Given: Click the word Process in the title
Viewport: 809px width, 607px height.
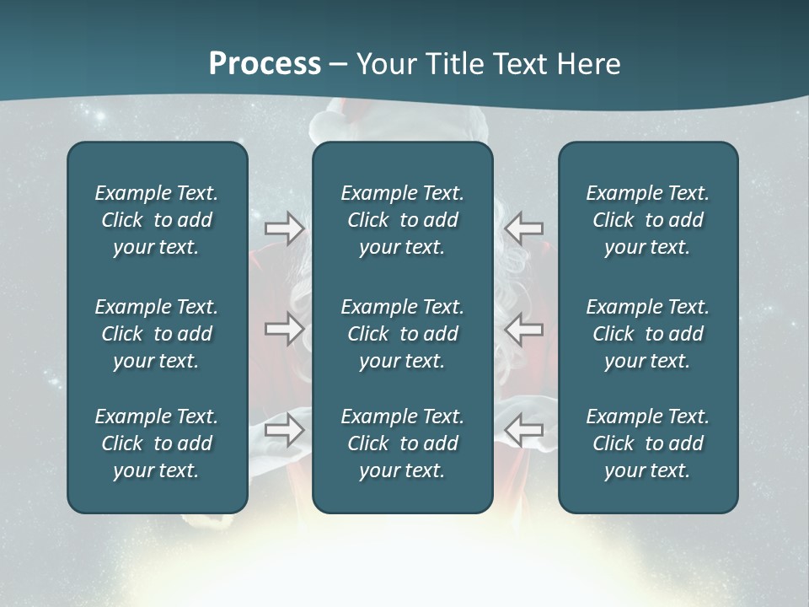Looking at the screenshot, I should (265, 64).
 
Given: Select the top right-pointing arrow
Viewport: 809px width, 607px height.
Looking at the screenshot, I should (284, 228).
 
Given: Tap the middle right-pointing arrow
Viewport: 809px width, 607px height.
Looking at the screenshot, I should (284, 329).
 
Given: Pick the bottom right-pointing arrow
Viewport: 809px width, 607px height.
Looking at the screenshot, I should (284, 430).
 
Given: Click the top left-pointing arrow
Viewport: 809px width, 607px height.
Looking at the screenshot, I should (524, 228).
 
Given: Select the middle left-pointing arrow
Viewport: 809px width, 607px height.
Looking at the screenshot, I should (524, 329).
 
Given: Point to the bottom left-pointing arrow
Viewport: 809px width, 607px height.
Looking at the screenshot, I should (524, 430).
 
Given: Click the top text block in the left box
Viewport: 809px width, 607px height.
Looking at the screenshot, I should (157, 220).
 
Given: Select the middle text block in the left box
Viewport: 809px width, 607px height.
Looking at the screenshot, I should (157, 334).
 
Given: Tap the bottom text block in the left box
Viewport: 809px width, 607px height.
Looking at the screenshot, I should (157, 443).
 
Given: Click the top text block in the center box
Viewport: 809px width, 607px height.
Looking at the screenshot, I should (402, 220).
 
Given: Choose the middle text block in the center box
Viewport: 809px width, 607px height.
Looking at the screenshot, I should (402, 334).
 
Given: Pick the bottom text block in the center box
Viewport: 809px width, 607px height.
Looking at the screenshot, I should (402, 443).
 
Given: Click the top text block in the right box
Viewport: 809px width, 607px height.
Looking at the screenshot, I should (647, 220).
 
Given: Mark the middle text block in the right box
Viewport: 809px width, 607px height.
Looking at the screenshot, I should (647, 334).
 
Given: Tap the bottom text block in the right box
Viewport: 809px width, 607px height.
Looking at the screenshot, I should (647, 443).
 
